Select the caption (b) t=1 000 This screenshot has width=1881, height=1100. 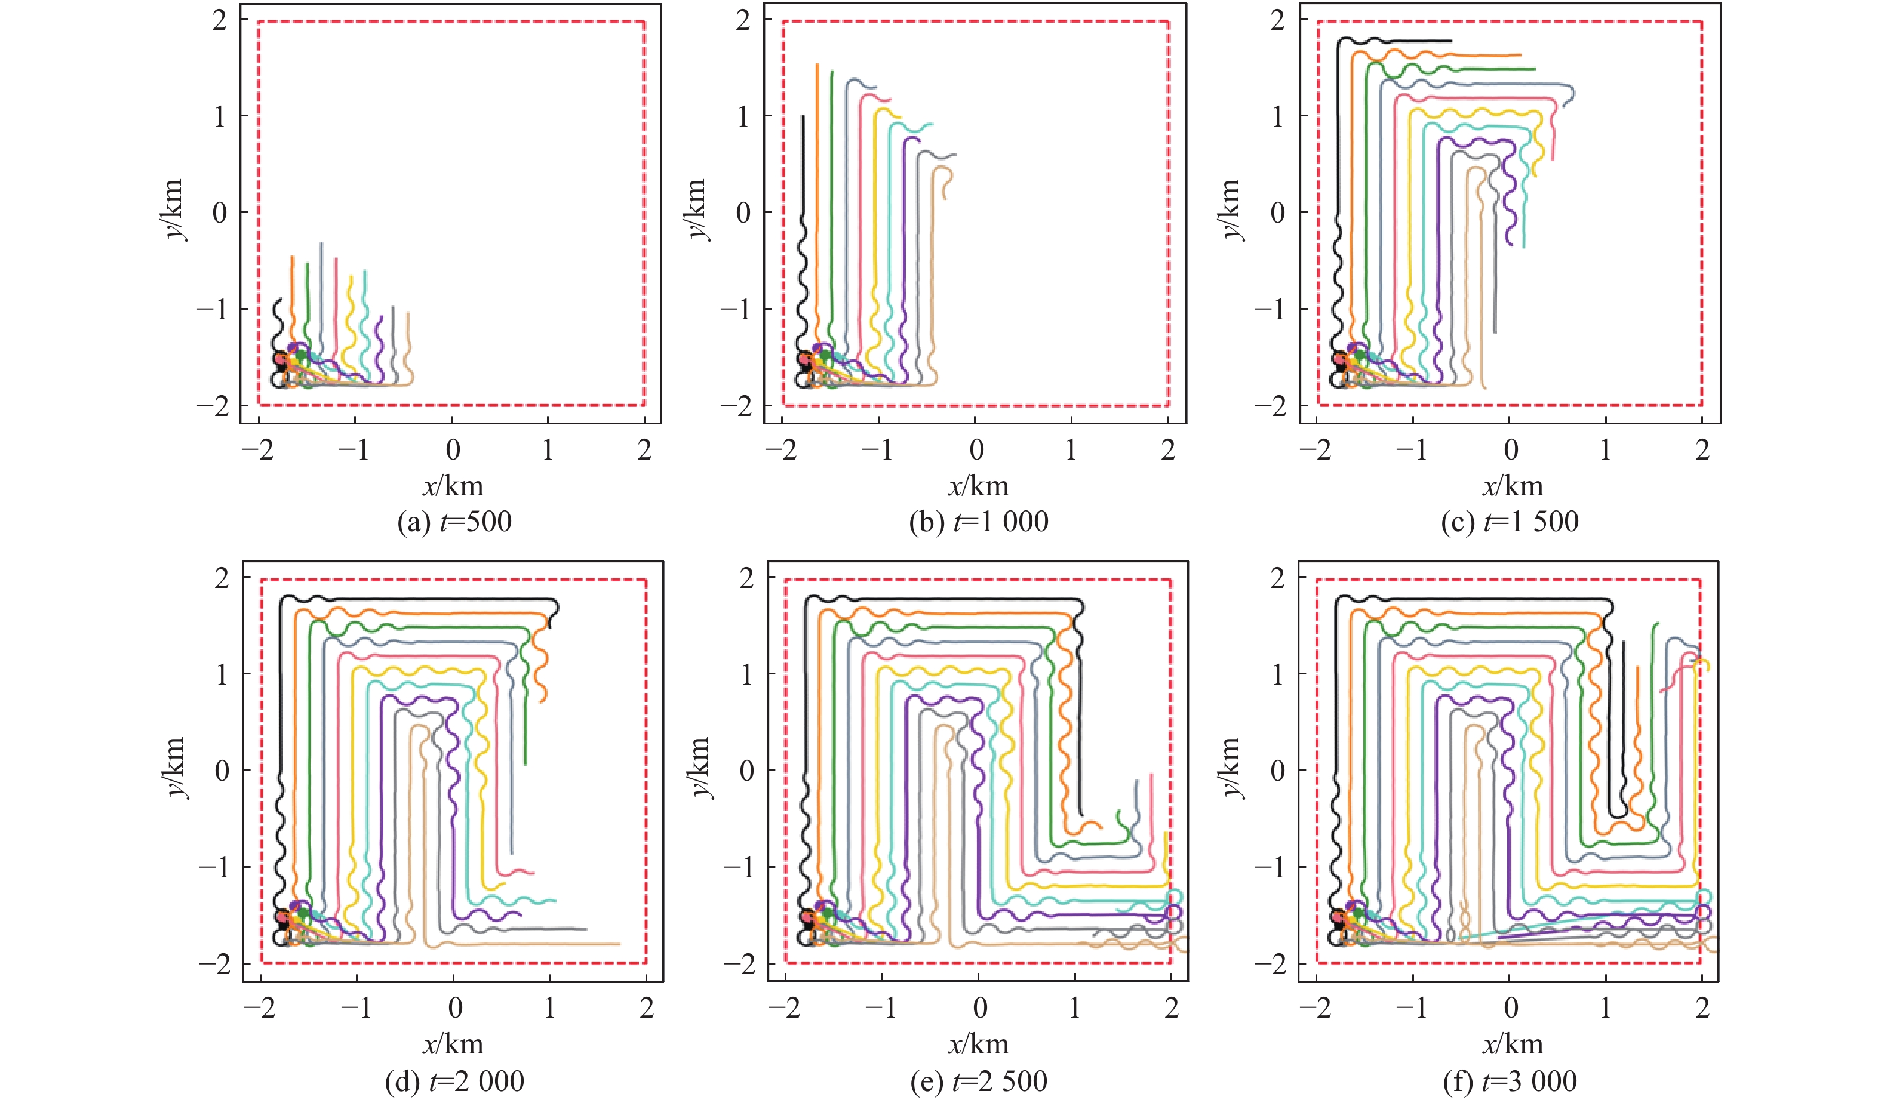tap(979, 522)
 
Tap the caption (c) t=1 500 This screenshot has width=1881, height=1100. tap(1510, 522)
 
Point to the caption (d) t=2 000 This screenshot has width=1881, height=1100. tap(454, 1080)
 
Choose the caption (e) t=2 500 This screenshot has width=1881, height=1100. tap(979, 1080)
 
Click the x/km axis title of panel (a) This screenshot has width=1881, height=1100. tap(453, 486)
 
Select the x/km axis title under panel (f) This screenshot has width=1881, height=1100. tap(1512, 1044)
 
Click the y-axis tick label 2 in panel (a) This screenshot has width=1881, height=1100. tap(219, 21)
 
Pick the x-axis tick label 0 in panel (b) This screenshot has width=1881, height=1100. tap(976, 449)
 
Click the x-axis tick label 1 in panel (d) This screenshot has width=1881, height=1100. tap(550, 1008)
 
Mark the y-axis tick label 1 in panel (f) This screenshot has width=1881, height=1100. tap(1277, 674)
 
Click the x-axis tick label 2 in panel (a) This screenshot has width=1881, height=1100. tap(644, 449)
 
